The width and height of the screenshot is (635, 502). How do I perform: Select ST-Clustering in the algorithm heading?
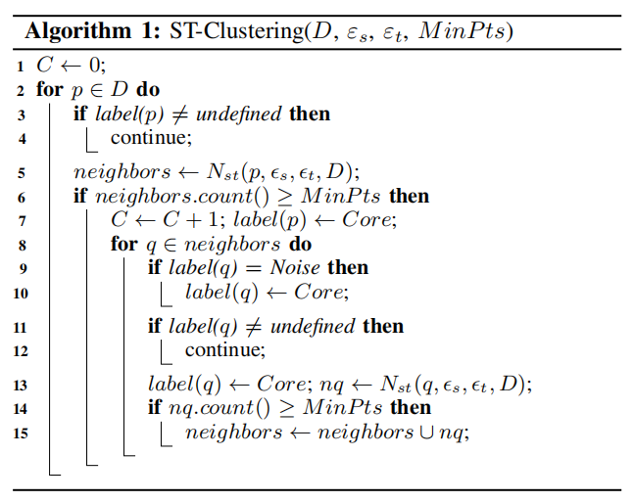(236, 31)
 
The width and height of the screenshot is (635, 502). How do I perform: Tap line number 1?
(21, 67)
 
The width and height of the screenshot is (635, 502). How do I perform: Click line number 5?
(22, 173)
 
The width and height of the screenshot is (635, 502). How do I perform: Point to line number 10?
(21, 293)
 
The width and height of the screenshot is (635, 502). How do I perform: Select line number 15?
(21, 434)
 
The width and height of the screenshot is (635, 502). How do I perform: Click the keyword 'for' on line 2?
(50, 89)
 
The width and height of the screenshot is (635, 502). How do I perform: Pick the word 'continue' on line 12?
(223, 350)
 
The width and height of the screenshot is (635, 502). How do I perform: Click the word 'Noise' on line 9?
(295, 267)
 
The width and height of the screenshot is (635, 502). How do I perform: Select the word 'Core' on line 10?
(318, 292)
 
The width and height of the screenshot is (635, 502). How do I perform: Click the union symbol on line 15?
(426, 433)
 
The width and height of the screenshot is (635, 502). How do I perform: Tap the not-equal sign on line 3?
(180, 114)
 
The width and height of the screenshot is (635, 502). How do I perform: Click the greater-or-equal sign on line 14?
(287, 409)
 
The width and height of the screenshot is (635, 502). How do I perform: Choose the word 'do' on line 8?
(300, 245)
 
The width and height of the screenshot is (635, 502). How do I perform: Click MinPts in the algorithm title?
(462, 31)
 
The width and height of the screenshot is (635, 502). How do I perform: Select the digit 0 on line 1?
(95, 65)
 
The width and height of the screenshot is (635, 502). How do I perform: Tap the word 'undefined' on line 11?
(313, 326)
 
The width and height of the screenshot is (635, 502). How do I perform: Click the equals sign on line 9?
(253, 268)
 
